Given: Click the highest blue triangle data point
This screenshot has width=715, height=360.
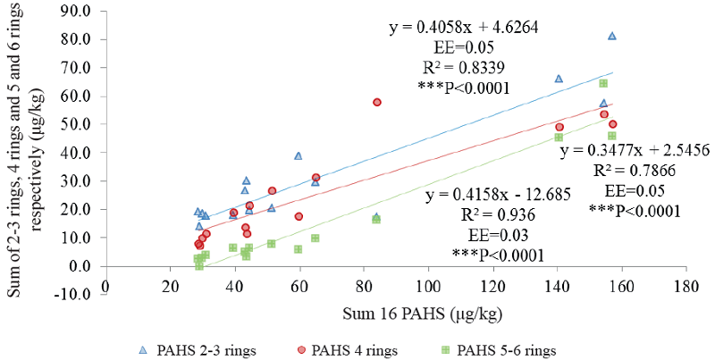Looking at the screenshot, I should click(612, 36).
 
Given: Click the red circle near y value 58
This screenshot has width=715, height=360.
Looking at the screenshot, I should click(377, 103).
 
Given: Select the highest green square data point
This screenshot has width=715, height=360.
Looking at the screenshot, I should click(603, 83).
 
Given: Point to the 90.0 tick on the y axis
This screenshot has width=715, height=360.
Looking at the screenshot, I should click(80, 12).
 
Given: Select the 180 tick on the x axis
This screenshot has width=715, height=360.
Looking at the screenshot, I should click(686, 286).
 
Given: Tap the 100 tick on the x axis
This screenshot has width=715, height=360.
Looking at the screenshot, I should click(428, 286).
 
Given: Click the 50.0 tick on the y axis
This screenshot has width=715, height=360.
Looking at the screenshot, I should click(80, 124).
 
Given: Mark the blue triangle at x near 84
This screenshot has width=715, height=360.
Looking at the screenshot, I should click(376, 217).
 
